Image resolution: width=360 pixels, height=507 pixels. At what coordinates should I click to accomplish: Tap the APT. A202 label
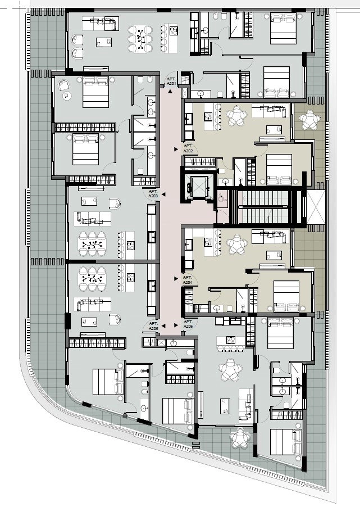188,149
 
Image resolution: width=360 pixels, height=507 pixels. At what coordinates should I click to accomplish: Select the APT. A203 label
153,194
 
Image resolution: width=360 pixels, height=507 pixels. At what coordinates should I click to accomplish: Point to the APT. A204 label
188,280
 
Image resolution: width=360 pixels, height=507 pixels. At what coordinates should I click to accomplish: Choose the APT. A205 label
153,326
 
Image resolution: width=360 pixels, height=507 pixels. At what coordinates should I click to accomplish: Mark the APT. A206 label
188,324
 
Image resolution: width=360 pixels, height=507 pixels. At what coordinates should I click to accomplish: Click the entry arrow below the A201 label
170,92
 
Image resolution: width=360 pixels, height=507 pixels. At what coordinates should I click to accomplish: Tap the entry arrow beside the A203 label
163,194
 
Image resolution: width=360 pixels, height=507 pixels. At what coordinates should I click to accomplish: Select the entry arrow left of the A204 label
176,278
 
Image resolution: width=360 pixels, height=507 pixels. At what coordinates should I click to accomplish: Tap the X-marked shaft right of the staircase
316,207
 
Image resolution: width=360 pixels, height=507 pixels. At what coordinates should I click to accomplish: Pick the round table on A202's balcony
310,120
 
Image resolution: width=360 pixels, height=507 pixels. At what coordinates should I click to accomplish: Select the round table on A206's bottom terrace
240,438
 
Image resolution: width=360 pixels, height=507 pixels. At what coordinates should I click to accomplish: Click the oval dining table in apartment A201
140,39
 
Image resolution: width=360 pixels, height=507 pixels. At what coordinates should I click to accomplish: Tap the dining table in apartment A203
93,245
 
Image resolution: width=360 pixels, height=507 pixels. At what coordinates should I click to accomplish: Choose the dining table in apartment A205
93,278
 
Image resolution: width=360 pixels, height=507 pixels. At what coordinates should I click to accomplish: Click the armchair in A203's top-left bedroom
64,85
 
